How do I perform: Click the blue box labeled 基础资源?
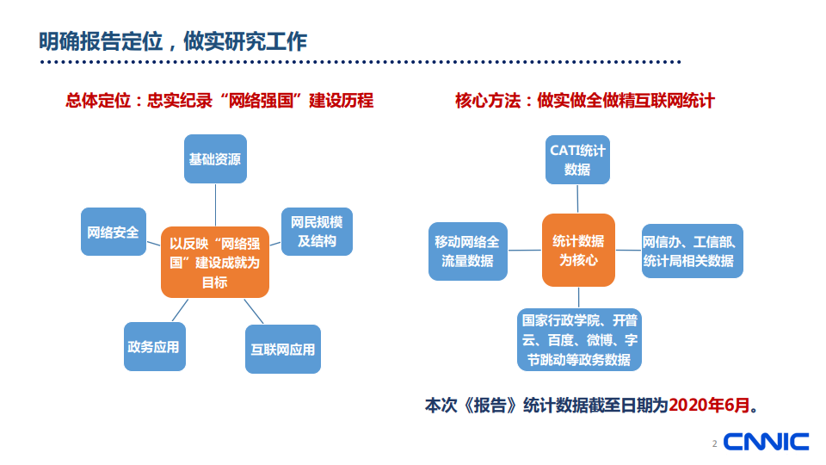[x=215, y=158]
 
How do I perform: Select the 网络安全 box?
[x=114, y=232]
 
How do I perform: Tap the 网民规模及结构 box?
[x=317, y=232]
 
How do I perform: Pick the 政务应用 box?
[x=154, y=346]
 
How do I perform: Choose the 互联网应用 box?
[x=282, y=349]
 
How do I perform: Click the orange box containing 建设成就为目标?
[x=215, y=261]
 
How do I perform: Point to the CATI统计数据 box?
[x=577, y=159]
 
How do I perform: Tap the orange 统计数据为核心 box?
[x=577, y=250]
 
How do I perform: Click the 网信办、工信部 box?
[x=692, y=251]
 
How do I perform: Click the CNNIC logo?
[x=767, y=442]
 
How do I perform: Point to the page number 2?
[x=713, y=444]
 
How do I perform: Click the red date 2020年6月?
[x=708, y=405]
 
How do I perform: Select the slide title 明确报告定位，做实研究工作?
[x=173, y=40]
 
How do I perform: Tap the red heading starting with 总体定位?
[x=220, y=101]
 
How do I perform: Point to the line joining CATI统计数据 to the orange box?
[x=577, y=199]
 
